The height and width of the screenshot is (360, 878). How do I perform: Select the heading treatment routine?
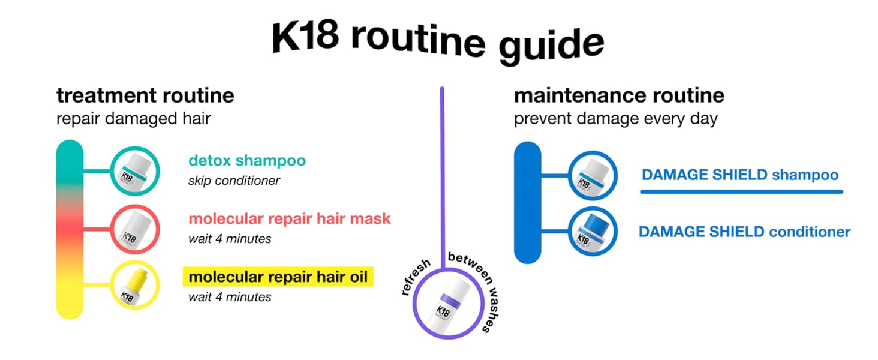[x=145, y=95]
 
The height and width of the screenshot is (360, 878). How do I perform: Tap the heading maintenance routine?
[x=619, y=95]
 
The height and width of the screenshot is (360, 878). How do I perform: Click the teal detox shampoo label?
[x=246, y=161]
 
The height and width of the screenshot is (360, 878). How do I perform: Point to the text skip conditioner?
[x=234, y=181]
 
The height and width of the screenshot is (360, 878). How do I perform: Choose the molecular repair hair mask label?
[x=289, y=219]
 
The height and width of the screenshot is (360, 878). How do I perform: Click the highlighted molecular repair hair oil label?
[x=278, y=277]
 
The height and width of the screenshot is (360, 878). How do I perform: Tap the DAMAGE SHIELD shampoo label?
[x=739, y=175]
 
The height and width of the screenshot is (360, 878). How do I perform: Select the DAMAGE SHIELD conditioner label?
[x=744, y=232]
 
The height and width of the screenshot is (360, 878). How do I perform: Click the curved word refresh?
[x=416, y=277]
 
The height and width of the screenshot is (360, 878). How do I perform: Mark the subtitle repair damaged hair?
[x=133, y=118]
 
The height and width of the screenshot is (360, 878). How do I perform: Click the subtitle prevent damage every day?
[x=615, y=118]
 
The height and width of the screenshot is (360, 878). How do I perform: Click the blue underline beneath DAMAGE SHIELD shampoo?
[x=741, y=192]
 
